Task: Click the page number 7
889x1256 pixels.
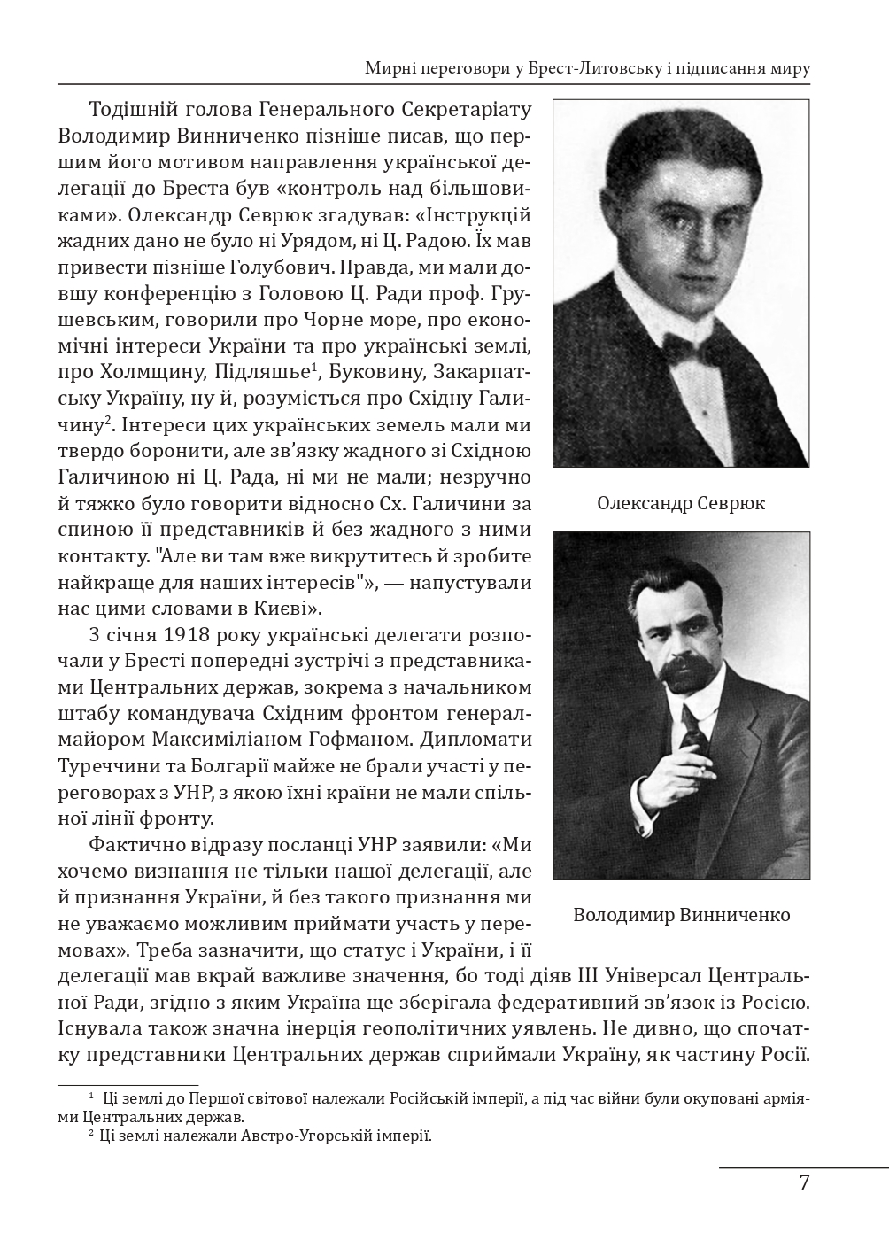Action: pos(804,1183)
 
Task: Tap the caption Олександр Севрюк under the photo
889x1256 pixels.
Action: pos(681,504)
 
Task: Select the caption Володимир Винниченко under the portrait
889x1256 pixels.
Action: pos(681,914)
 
